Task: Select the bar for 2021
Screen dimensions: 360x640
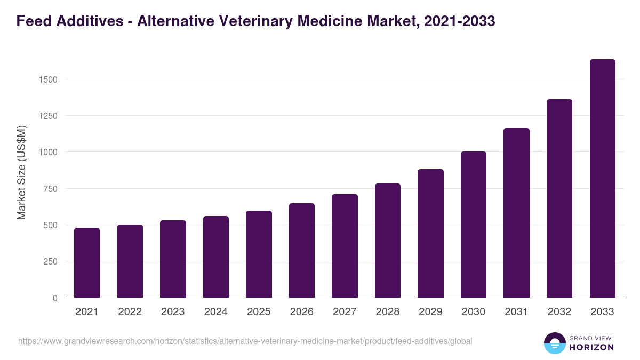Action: click(87, 263)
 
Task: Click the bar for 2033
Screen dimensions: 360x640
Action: click(602, 179)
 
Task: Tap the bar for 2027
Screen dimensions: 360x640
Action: click(345, 246)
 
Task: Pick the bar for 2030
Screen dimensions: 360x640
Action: click(474, 225)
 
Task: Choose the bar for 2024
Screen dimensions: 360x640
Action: click(216, 257)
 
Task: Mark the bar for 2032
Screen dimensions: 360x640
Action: click(559, 198)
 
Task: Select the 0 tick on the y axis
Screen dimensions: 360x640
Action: click(55, 298)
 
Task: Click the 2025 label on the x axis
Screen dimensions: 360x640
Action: click(259, 312)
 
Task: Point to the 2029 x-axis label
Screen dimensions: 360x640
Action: click(430, 312)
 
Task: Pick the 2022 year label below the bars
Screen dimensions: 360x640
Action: click(130, 312)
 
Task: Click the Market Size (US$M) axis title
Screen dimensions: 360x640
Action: click(21, 172)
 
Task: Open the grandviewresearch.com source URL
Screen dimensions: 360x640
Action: click(245, 341)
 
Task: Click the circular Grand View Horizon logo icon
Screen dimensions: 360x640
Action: click(555, 343)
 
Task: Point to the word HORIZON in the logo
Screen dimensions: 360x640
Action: click(591, 347)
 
